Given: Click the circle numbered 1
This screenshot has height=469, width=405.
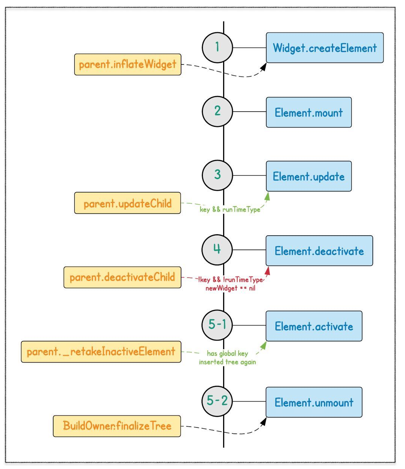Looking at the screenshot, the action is (217, 48).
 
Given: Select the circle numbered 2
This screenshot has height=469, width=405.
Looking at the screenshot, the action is (217, 111).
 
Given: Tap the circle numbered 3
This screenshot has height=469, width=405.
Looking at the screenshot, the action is (217, 175).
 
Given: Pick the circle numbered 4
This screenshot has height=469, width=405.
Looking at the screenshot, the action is (217, 250).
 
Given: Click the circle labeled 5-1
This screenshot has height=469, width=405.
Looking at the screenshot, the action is (217, 325).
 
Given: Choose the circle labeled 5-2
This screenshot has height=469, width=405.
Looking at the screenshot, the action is (217, 401).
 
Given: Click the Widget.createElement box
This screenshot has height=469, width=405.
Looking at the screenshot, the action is (325, 48).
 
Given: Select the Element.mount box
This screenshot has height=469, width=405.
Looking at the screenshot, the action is (309, 112).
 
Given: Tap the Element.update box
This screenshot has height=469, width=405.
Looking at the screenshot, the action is (309, 176).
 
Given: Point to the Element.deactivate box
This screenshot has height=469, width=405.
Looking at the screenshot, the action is (319, 251).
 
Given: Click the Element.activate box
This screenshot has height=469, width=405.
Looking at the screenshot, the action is (314, 326).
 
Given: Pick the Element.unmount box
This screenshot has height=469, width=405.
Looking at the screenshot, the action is (314, 402).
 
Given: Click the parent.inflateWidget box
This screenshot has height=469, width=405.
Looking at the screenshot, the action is (127, 64).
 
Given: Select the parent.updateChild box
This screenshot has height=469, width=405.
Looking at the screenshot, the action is (127, 203).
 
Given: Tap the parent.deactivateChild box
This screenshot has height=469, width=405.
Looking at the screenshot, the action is (122, 278).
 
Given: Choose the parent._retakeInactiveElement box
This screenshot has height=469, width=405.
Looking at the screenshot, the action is (101, 352).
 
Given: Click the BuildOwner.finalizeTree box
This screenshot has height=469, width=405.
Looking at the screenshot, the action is (117, 426).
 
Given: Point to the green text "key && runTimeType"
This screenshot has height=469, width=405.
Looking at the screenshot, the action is (230, 209).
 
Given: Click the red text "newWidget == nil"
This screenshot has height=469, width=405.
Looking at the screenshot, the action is (230, 288).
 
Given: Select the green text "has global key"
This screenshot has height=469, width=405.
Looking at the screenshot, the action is (227, 353).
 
